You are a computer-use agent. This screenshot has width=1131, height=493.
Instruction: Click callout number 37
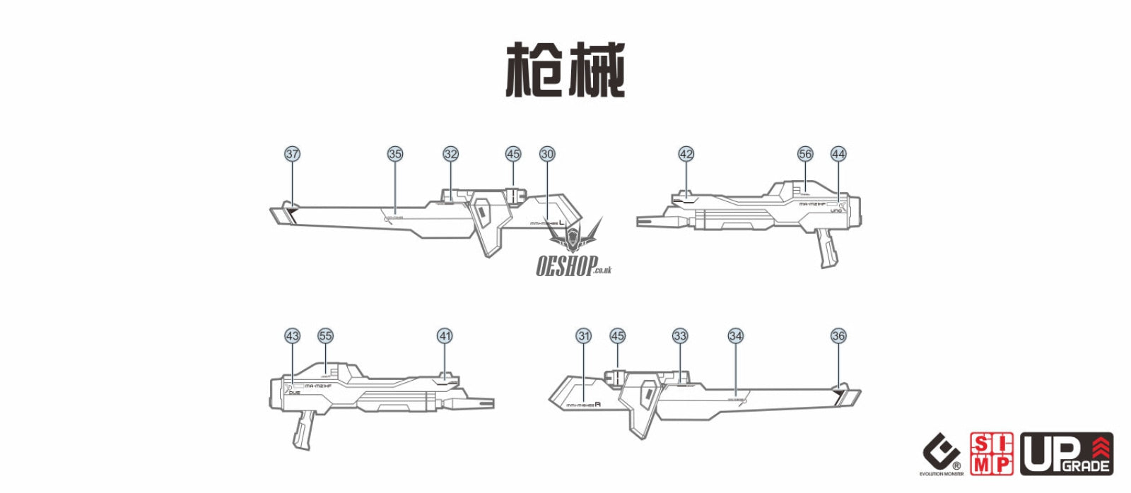(x=293, y=154)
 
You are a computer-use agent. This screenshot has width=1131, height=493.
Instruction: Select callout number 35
(x=395, y=154)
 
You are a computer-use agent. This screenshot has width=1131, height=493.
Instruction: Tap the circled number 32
(x=451, y=154)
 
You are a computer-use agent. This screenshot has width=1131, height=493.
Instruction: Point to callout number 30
(x=547, y=154)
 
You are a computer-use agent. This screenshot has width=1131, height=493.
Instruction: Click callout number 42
(x=686, y=154)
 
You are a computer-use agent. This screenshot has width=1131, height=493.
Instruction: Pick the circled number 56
(x=805, y=154)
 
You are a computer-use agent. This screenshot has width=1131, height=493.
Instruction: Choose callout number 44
(x=838, y=154)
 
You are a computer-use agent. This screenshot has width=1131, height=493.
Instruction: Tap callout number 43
(x=293, y=336)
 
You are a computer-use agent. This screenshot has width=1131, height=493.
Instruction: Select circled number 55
(x=325, y=336)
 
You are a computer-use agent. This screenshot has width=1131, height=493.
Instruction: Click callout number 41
(x=445, y=336)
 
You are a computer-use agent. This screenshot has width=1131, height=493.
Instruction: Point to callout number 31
(x=584, y=336)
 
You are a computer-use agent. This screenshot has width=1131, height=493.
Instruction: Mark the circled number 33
(x=680, y=336)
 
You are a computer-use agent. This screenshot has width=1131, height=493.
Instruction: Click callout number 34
(x=736, y=336)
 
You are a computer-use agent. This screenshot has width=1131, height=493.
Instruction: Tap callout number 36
(x=838, y=336)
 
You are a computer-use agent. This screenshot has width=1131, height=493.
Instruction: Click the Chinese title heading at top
(x=565, y=70)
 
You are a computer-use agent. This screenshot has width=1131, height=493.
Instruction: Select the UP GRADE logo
(x=1067, y=454)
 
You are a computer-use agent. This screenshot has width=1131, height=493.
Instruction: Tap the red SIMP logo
(x=992, y=454)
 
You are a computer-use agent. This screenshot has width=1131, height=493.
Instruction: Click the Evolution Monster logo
(x=942, y=456)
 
